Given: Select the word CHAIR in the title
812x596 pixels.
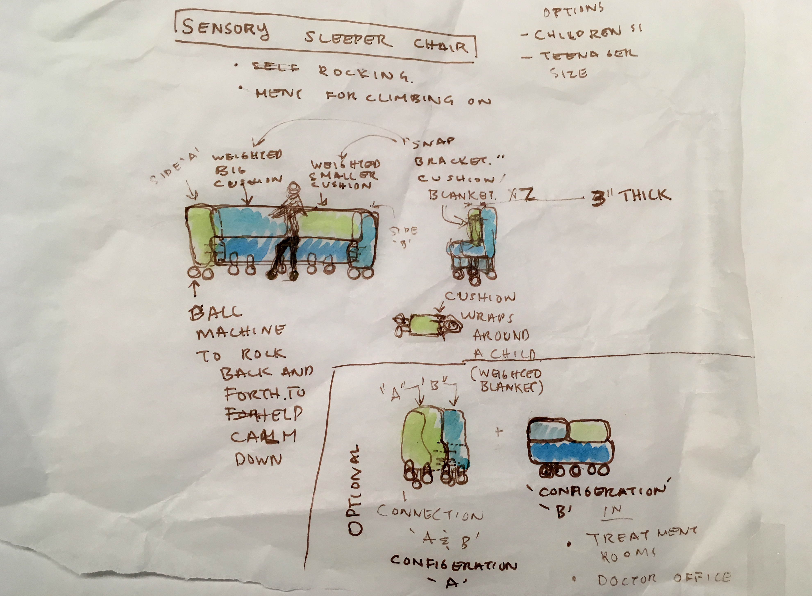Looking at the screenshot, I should coord(441,46).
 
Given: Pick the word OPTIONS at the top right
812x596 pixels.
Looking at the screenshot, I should coord(573,11).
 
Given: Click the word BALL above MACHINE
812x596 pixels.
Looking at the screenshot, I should coord(216,312).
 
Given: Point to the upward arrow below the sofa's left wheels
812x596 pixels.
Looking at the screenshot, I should coord(195,289).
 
